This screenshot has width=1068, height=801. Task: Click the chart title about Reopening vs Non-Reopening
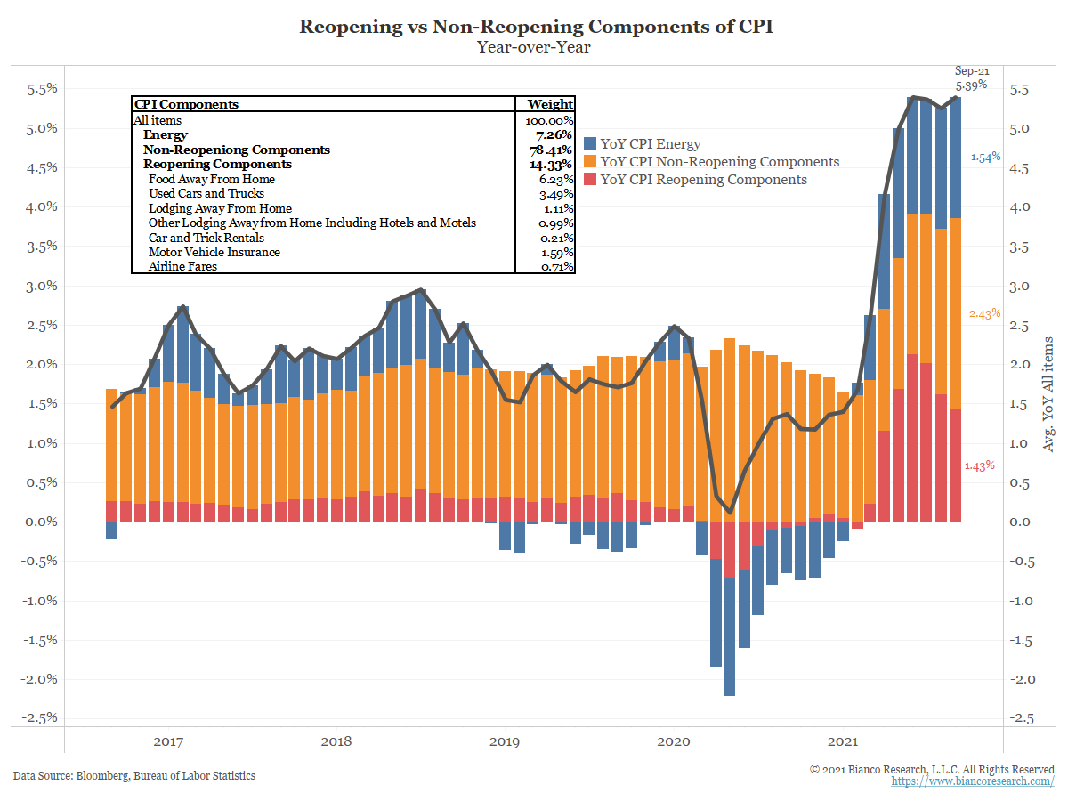point(536,26)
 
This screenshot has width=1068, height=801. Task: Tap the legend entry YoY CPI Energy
point(651,144)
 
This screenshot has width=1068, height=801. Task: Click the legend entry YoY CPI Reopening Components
point(703,180)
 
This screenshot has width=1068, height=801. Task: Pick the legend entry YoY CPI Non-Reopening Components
point(719,162)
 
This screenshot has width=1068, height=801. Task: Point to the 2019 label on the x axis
point(505,741)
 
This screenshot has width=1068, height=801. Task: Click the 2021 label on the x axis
point(842,741)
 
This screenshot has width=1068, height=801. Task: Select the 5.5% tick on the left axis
point(38,89)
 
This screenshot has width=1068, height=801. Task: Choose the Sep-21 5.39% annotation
point(971,78)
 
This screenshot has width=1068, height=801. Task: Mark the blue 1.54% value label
point(985,157)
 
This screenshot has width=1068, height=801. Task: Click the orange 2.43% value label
point(985,314)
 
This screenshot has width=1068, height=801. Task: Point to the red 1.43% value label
point(979,466)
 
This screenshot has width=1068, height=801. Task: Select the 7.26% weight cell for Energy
point(554,135)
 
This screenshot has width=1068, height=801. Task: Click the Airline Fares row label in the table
point(182,266)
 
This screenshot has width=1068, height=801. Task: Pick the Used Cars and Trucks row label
point(206,193)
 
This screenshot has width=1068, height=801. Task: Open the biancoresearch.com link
point(973,781)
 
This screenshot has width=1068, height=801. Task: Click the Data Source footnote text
point(134,776)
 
